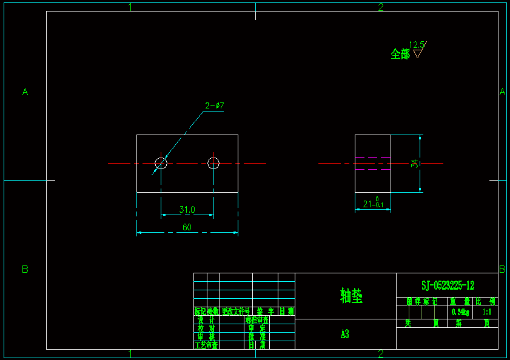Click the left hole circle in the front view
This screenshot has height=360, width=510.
[x=161, y=163]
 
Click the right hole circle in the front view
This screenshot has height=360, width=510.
[x=213, y=162]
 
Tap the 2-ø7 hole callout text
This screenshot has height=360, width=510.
[x=215, y=106]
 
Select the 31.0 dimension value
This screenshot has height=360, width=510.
[x=187, y=210]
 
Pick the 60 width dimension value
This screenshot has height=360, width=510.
[x=187, y=227]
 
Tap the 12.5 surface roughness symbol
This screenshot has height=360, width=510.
[x=418, y=48]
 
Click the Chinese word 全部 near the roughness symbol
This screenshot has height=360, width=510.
[x=400, y=55]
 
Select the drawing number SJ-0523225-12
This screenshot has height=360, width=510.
[x=448, y=285]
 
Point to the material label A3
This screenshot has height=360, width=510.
[x=344, y=334]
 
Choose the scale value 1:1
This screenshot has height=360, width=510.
[x=486, y=312]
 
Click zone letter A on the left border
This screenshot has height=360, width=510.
[x=25, y=92]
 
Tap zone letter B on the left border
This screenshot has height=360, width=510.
[x=25, y=269]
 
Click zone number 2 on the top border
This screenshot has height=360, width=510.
[x=381, y=7]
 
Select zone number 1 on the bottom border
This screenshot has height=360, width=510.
[x=130, y=354]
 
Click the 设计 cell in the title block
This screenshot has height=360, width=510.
[x=206, y=319]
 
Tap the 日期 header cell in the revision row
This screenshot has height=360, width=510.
[x=286, y=312]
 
